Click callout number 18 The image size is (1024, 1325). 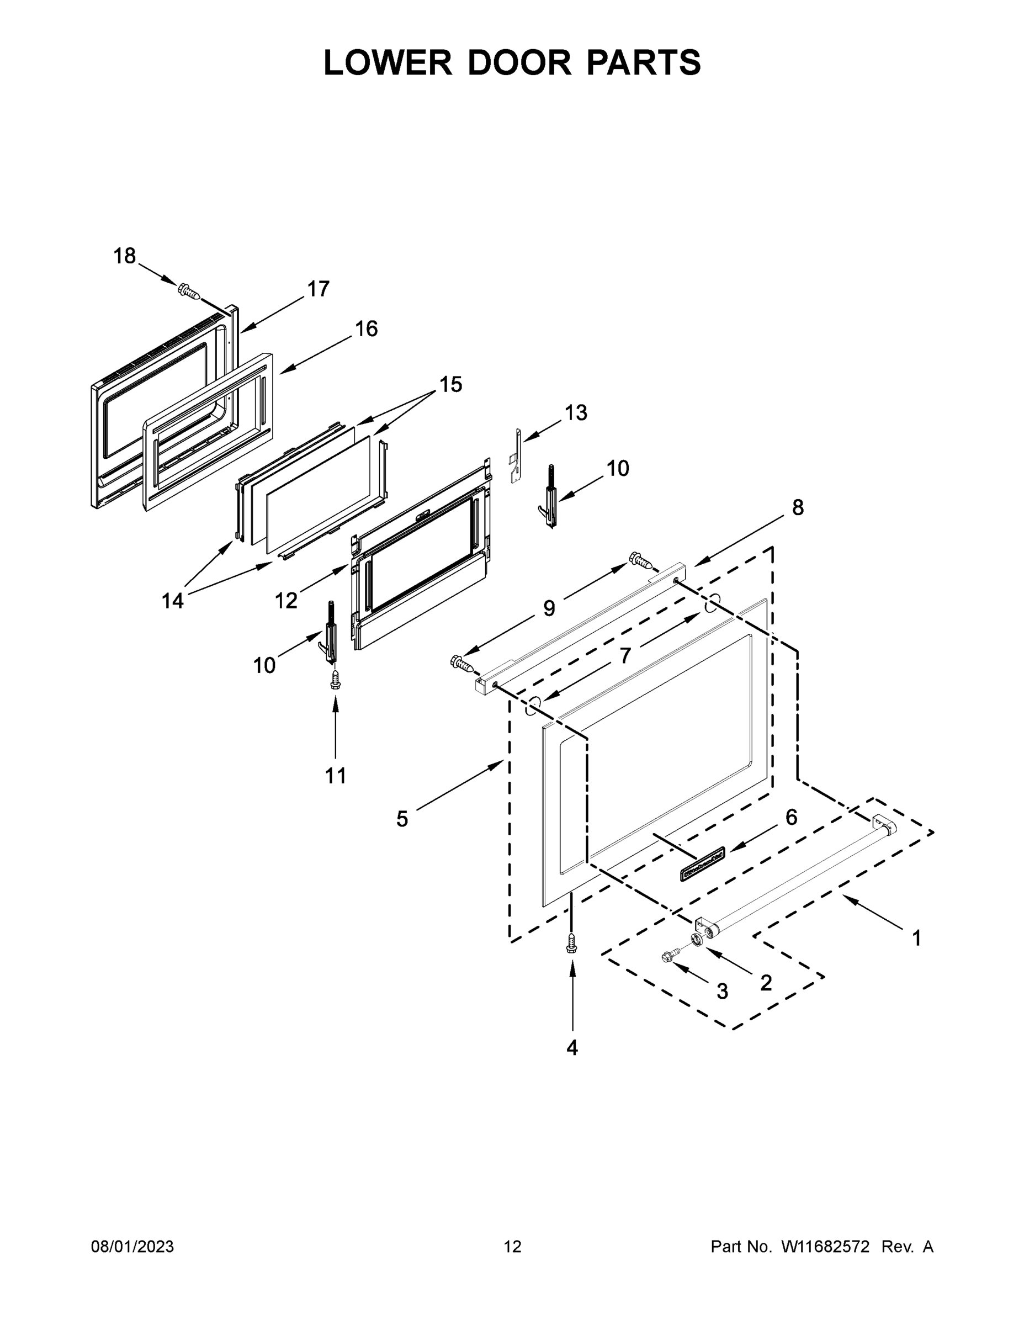[124, 257]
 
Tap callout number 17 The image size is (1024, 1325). [318, 289]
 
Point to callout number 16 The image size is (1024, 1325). [366, 329]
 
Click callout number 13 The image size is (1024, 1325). [576, 413]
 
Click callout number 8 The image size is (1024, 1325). [797, 508]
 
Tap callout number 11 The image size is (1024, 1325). [336, 776]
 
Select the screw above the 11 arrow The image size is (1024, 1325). [335, 680]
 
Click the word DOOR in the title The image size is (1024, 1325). [519, 63]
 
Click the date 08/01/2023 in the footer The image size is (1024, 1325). [132, 1247]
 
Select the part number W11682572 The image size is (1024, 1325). [825, 1247]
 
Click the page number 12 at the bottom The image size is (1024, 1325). [513, 1247]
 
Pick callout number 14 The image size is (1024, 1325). [172, 601]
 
